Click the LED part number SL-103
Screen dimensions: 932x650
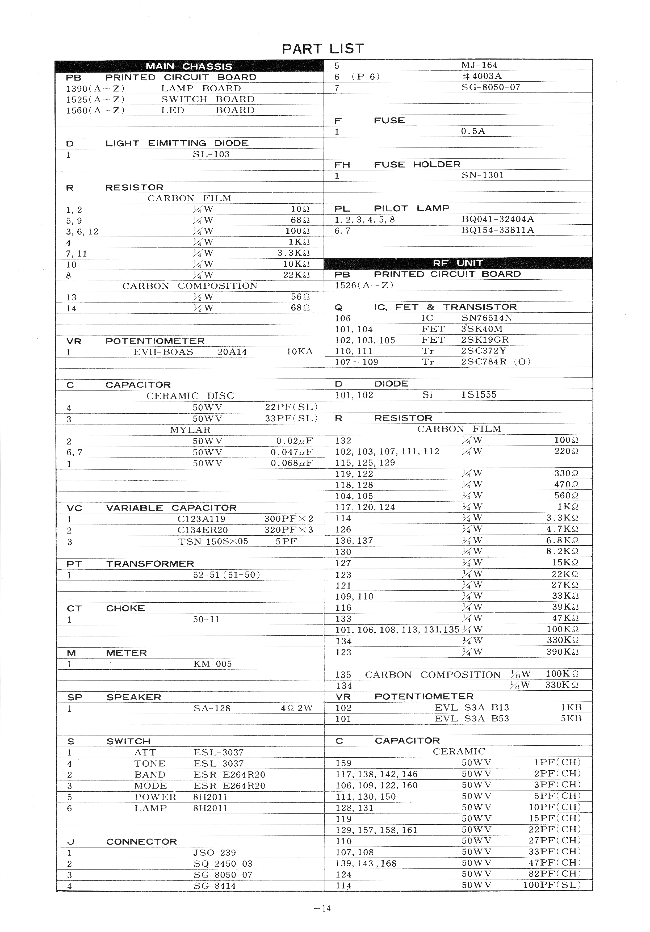(211, 154)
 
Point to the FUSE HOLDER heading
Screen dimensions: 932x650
(417, 164)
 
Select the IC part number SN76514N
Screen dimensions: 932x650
(487, 318)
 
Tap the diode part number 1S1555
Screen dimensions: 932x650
(479, 394)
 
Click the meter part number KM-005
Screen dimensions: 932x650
(212, 664)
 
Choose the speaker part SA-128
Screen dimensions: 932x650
(212, 708)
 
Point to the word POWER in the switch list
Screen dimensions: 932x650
(155, 797)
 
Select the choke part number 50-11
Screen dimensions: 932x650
(206, 619)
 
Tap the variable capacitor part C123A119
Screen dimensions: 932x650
(201, 519)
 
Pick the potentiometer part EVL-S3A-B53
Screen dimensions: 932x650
(472, 719)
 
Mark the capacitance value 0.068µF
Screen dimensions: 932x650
(292, 463)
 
